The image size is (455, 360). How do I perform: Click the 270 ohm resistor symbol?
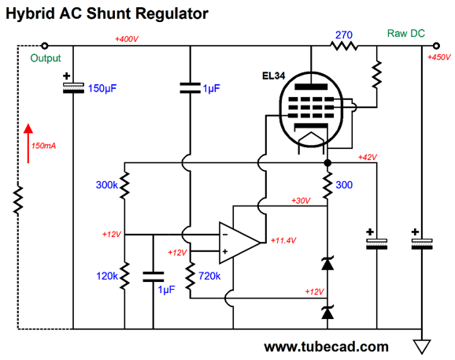tap(344, 46)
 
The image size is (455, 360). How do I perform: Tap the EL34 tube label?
tap(274, 76)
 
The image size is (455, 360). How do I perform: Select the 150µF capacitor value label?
tap(102, 88)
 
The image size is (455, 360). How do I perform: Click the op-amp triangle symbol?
tap(239, 243)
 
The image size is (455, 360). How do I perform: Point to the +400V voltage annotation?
tap(127, 39)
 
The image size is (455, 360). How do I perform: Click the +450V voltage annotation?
tap(439, 58)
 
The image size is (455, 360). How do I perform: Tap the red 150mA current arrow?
tap(28, 143)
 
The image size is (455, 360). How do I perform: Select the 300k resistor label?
tap(107, 185)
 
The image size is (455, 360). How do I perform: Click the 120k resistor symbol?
tap(124, 276)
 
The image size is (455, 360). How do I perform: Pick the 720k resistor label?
tap(209, 276)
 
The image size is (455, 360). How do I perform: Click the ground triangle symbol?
tap(422, 347)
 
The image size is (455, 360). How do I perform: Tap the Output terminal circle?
tap(44, 46)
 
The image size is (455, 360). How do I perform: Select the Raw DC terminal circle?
tap(436, 46)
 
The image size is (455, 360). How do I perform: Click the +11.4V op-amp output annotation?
tap(283, 240)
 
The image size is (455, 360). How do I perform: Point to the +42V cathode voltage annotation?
tap(368, 158)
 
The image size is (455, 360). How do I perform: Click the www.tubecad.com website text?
tap(326, 347)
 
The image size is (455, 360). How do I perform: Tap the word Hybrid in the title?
tap(30, 13)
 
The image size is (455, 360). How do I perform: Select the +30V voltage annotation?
tap(301, 201)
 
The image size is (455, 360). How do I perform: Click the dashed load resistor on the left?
tap(18, 200)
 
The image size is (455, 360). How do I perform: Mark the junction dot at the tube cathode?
tap(327, 163)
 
